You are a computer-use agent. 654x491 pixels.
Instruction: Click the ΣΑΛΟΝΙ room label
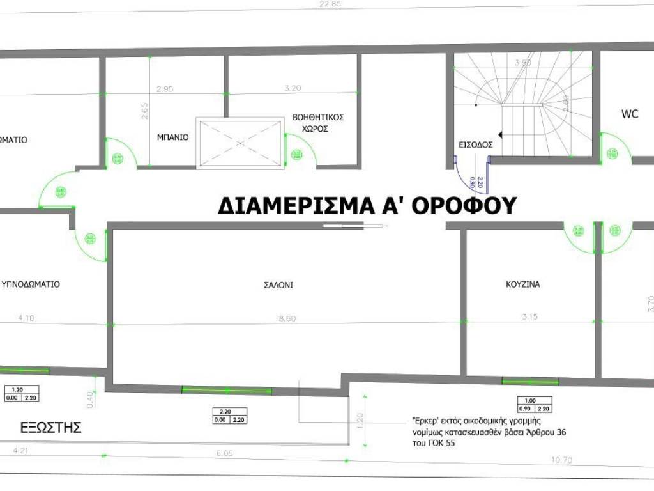click(x=278, y=286)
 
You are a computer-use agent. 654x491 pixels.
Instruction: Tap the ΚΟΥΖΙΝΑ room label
click(x=522, y=284)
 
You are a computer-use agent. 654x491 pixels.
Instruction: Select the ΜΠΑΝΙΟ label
click(x=172, y=137)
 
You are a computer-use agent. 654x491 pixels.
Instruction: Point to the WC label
click(x=630, y=114)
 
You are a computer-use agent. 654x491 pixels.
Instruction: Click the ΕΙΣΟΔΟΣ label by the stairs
click(x=475, y=144)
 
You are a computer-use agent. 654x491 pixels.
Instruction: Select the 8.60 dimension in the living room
click(x=287, y=318)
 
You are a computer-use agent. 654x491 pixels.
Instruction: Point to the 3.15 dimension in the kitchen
click(x=530, y=316)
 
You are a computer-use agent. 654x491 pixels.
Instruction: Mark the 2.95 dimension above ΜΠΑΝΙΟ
click(x=164, y=89)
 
